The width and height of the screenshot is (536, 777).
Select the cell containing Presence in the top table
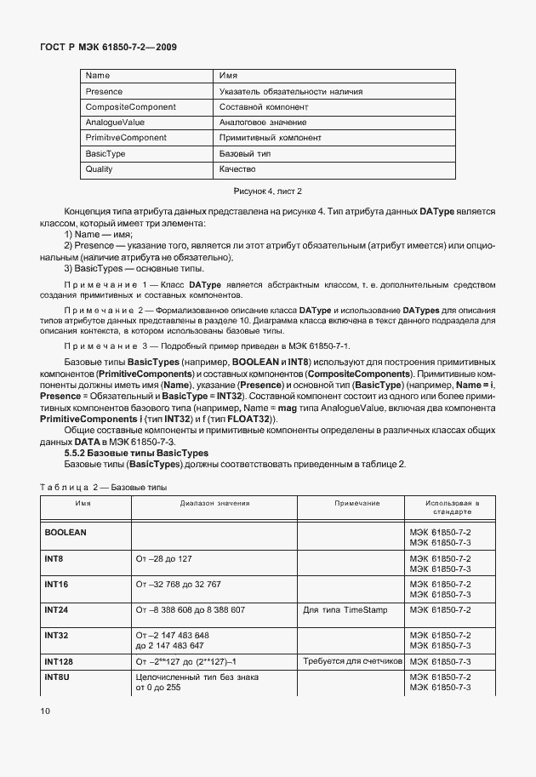click(x=105, y=91)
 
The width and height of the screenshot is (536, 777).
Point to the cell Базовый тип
click(x=245, y=154)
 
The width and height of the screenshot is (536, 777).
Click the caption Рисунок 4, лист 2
click(x=268, y=191)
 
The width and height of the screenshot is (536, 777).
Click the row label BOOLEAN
click(x=66, y=531)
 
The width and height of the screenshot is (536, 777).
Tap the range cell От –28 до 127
click(x=167, y=557)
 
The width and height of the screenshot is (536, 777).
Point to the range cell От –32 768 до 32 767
click(x=178, y=584)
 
